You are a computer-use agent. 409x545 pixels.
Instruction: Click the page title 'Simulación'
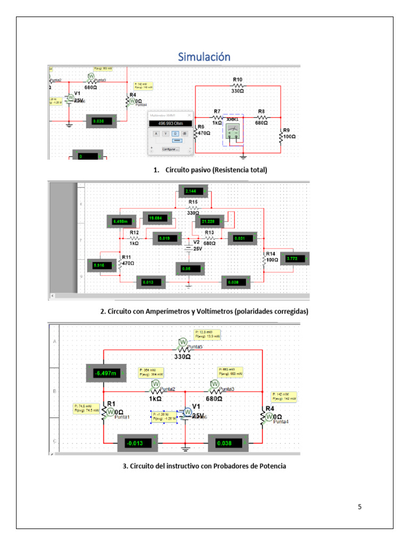204,56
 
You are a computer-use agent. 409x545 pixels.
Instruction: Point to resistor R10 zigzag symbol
238,85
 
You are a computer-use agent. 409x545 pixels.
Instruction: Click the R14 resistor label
272,257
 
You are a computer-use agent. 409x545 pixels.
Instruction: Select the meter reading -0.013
137,443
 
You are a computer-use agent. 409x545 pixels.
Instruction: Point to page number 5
359,506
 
